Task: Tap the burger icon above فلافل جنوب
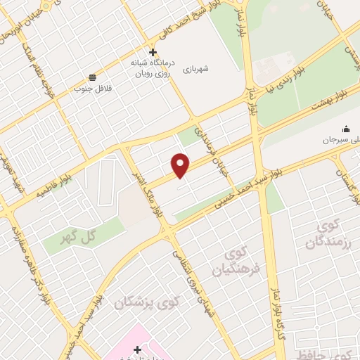click(92, 77)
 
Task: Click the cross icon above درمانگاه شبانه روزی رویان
click(152, 52)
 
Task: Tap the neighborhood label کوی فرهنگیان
click(238, 262)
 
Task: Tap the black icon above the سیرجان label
click(345, 129)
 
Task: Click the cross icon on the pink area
click(137, 349)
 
